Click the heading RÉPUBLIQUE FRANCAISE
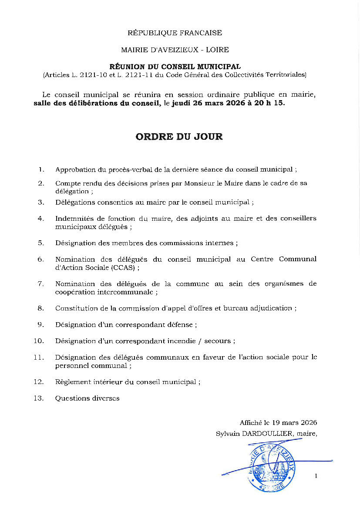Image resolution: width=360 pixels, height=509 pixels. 175,33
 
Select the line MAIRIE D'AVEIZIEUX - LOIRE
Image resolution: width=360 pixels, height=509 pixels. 175,50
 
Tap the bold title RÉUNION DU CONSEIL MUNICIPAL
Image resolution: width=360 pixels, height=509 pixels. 175,67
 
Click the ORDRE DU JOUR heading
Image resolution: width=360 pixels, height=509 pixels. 179,137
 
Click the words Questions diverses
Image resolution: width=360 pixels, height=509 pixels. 87,398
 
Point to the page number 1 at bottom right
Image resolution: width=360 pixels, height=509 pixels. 316,476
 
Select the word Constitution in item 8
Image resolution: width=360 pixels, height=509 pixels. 74,308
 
